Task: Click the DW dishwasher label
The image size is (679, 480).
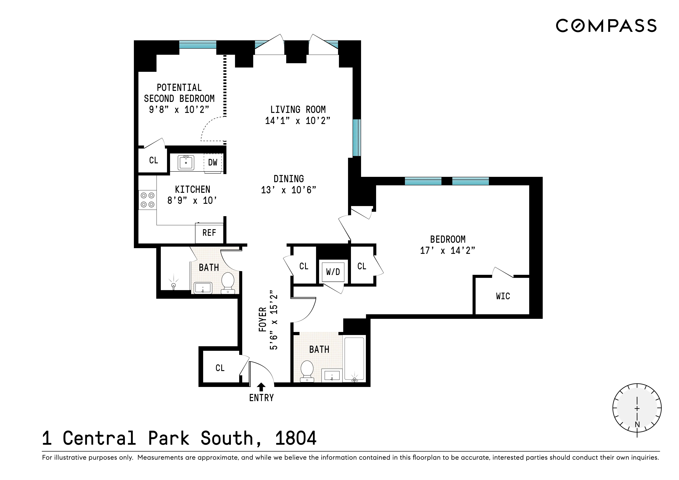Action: point(213,162)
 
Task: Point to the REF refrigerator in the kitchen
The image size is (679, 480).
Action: point(209,233)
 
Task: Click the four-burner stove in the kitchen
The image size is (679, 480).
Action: point(147,200)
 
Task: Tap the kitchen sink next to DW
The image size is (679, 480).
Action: point(186,163)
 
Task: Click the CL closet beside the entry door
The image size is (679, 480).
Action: point(220,368)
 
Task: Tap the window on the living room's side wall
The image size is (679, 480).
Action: point(357,138)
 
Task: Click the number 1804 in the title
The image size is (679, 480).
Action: point(296,438)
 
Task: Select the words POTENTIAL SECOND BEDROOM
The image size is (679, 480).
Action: point(179,93)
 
